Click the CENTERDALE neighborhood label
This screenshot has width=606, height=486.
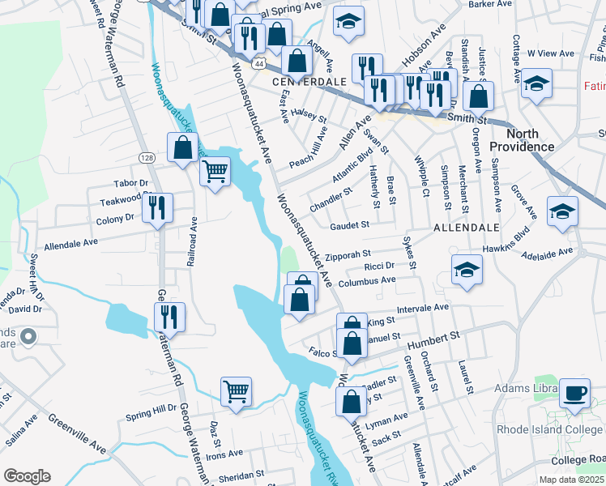(x=309, y=82)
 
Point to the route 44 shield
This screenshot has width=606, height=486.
(x=258, y=62)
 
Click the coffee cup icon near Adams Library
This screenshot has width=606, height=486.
(x=574, y=393)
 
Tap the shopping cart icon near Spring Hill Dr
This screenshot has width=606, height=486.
(x=236, y=391)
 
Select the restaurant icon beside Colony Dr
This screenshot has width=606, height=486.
(x=157, y=207)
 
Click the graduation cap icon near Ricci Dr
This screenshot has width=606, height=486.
(x=467, y=271)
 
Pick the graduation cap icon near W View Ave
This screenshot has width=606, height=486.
(x=536, y=83)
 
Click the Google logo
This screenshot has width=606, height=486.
(x=27, y=475)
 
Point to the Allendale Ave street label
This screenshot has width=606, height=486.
(x=70, y=243)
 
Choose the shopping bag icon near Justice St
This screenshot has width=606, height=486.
(x=479, y=96)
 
